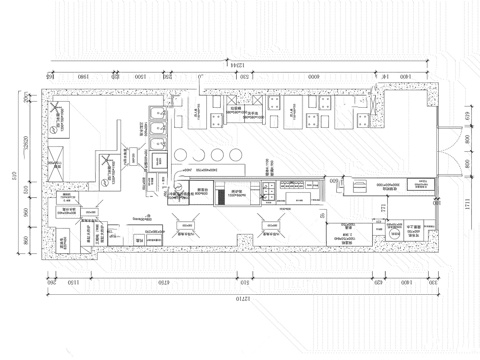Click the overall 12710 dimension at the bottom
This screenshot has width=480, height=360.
click(x=240, y=298)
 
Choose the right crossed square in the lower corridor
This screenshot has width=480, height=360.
click(x=268, y=224)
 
